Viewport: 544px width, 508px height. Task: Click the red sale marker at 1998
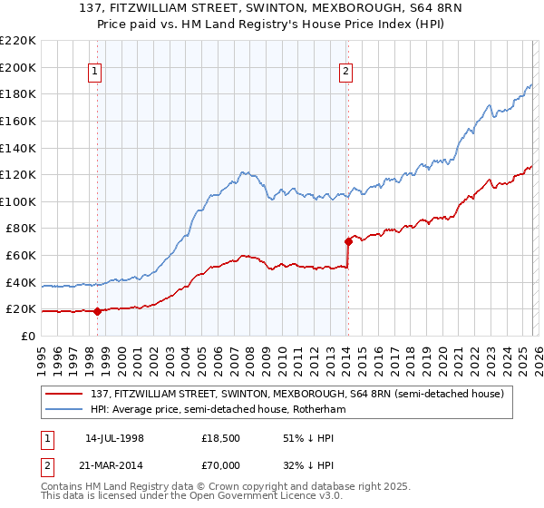[x=97, y=311]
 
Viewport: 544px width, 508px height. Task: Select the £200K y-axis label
[x=18, y=67]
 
